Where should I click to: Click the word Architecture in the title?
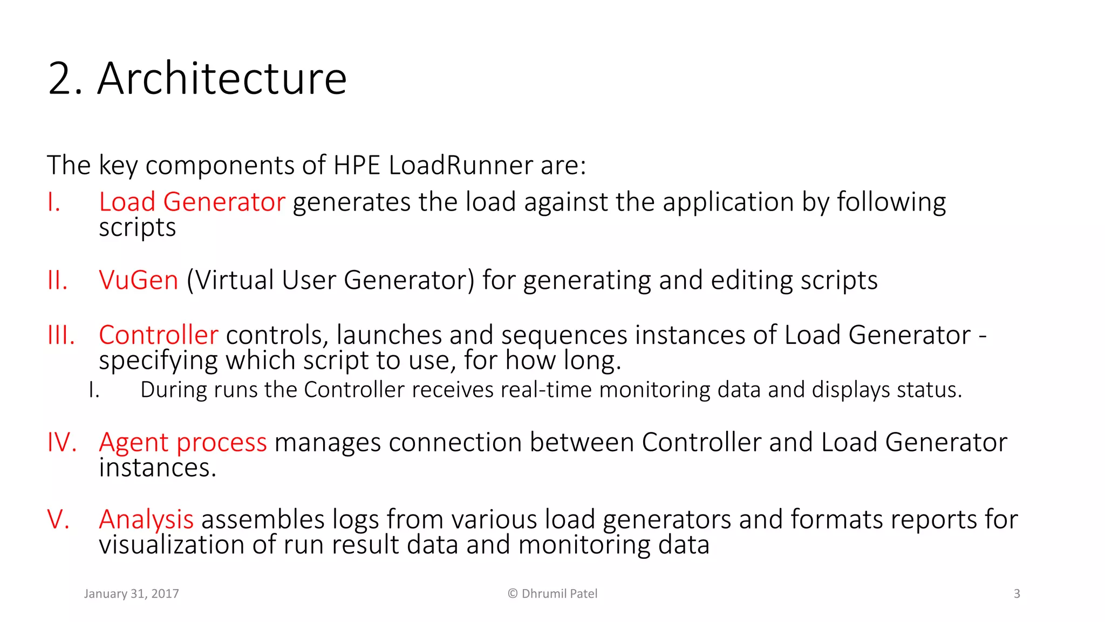[x=222, y=79]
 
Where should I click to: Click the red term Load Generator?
[x=192, y=202]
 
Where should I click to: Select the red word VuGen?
[x=138, y=280]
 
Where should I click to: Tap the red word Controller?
[x=159, y=335]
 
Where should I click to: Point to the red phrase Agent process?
[x=183, y=442]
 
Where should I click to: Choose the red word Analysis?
[x=146, y=519]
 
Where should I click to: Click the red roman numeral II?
[x=57, y=281]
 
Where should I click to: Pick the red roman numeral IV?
[x=62, y=442]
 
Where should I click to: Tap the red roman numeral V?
[x=58, y=519]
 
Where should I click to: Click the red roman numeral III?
[x=61, y=335]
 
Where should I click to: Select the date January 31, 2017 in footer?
[x=131, y=594]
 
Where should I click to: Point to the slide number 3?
[x=1017, y=594]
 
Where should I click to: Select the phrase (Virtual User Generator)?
[x=330, y=280]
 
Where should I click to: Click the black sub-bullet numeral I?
[x=94, y=390]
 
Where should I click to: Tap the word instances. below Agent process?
[x=157, y=468]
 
